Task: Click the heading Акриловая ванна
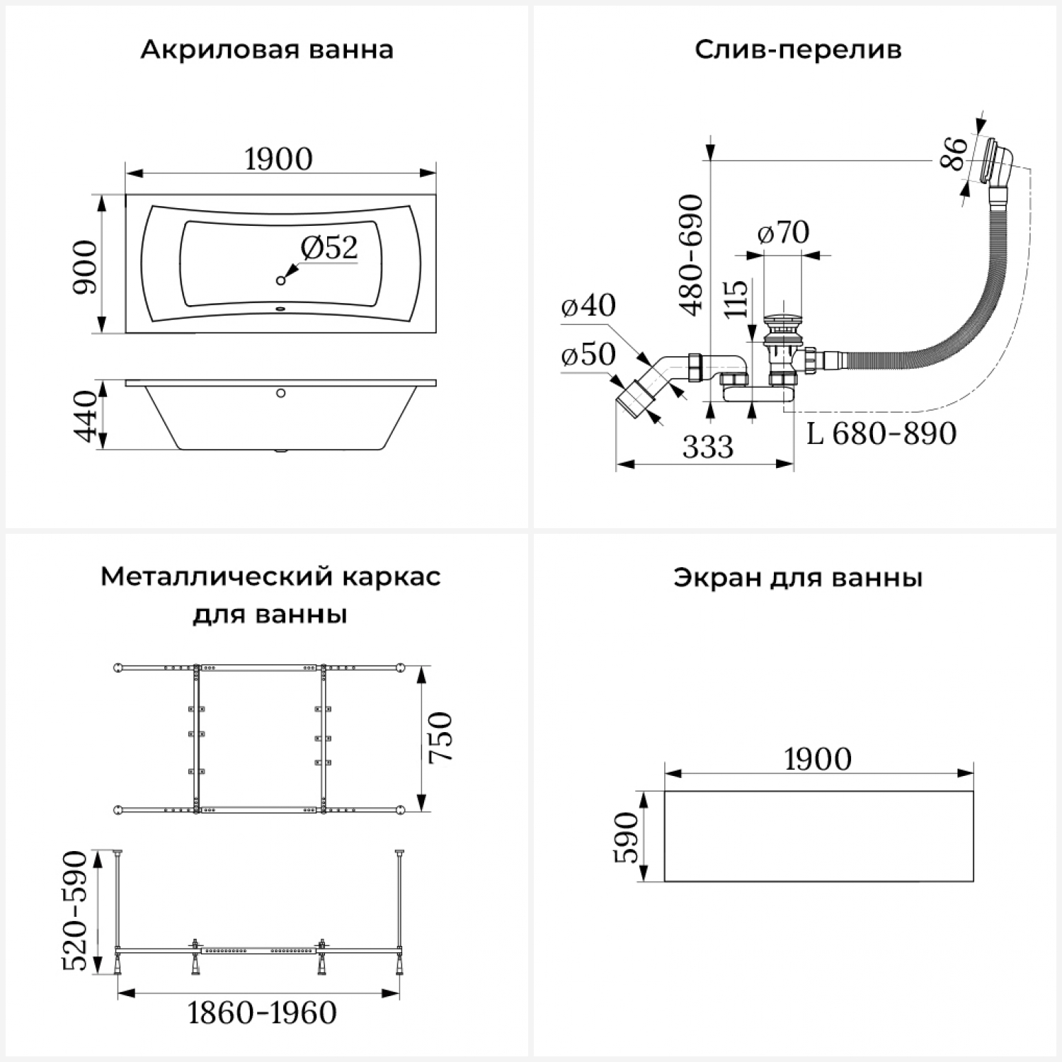266,50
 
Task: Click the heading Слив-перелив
798,50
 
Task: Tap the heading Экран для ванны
798,578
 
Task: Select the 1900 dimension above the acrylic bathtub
279,159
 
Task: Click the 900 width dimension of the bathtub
86,267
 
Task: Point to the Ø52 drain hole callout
329,247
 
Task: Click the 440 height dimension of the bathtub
86,416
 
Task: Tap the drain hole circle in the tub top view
281,281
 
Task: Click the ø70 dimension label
783,232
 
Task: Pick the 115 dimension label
736,299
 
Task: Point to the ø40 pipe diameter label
588,305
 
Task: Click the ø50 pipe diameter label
588,354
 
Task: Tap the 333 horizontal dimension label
708,447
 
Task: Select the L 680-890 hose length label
881,433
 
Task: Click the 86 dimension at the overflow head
954,154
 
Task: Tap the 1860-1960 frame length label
262,1013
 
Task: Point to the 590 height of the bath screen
626,838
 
